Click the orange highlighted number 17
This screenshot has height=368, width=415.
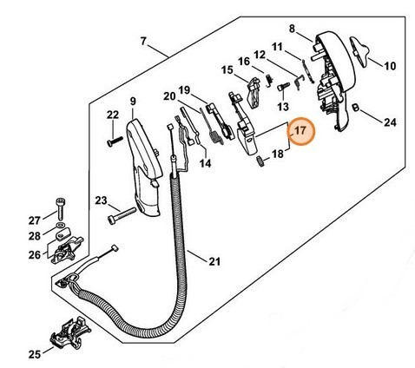pyautogui.click(x=300, y=131)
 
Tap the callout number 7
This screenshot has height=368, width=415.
pyautogui.click(x=143, y=42)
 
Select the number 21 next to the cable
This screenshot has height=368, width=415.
pyautogui.click(x=214, y=261)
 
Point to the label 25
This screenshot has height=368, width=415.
pyautogui.click(x=35, y=354)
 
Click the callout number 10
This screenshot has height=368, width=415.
pyautogui.click(x=390, y=66)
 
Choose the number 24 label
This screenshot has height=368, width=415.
pyautogui.click(x=390, y=122)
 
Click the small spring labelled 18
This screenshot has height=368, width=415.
pyautogui.click(x=260, y=161)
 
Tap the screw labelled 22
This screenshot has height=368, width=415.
pyautogui.click(x=115, y=141)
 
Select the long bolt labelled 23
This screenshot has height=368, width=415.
pyautogui.click(x=122, y=215)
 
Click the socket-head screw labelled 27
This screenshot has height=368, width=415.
pyautogui.click(x=60, y=208)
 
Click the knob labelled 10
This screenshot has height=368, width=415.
pyautogui.click(x=359, y=51)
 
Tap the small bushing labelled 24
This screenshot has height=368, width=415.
pyautogui.click(x=355, y=108)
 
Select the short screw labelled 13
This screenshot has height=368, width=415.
pyautogui.click(x=283, y=86)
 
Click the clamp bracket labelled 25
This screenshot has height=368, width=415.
pyautogui.click(x=71, y=332)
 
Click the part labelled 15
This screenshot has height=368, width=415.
pyautogui.click(x=254, y=92)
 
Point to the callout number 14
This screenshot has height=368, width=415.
pyautogui.click(x=205, y=163)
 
